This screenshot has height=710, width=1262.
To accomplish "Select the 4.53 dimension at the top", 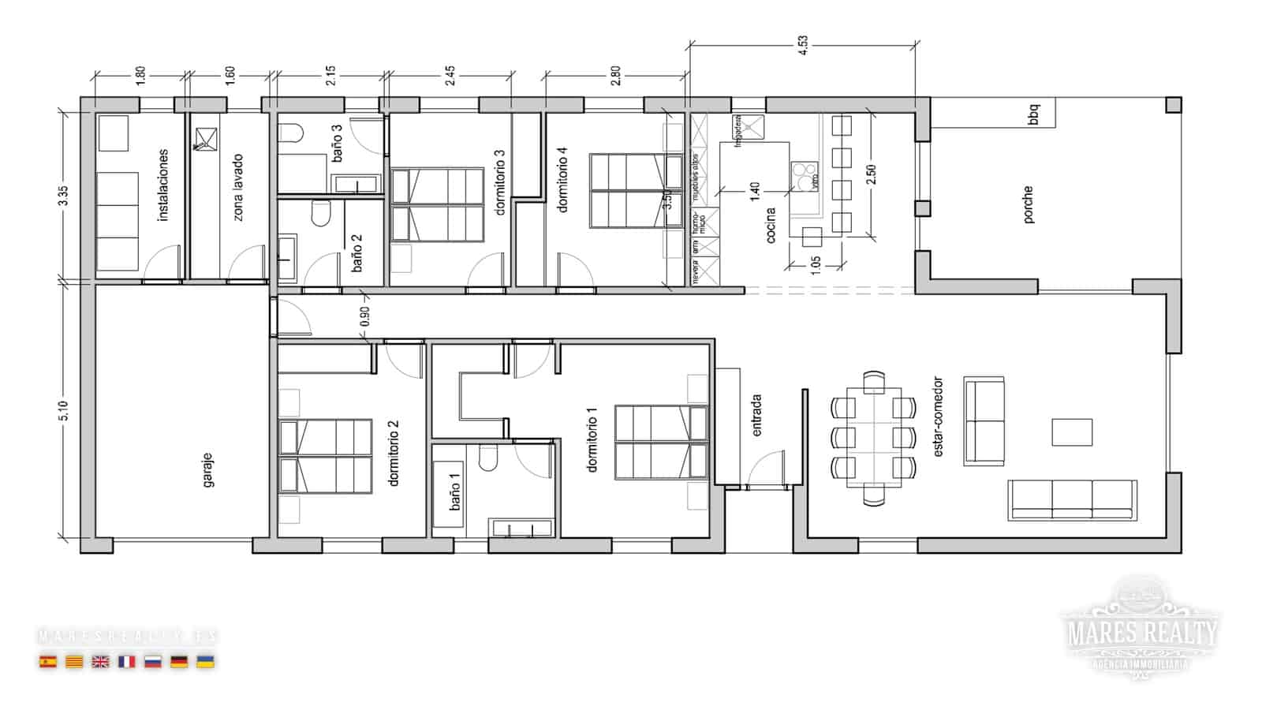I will [x=802, y=45].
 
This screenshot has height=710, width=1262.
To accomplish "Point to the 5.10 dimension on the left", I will [x=64, y=411].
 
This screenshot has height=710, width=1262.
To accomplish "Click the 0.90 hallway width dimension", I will [x=364, y=316].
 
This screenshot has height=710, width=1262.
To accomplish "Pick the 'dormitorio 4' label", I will [x=563, y=184].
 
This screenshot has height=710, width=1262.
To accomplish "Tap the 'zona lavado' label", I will [x=237, y=187].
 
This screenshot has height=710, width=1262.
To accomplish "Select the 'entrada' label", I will [x=756, y=415].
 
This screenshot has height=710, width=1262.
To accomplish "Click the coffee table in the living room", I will [x=1072, y=432].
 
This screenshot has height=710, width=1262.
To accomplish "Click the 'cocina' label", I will [x=771, y=224].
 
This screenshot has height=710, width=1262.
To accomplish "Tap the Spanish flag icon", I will [x=48, y=662].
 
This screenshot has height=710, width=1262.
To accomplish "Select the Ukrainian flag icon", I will [x=205, y=662].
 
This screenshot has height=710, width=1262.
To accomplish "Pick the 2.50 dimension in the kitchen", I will [x=871, y=175].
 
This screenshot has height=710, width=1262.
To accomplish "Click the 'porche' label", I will [x=1028, y=204].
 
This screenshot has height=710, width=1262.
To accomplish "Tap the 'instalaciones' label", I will [x=163, y=185].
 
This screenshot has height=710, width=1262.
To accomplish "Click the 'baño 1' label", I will [x=455, y=491].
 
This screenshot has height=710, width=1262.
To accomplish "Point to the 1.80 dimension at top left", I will [x=140, y=76].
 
